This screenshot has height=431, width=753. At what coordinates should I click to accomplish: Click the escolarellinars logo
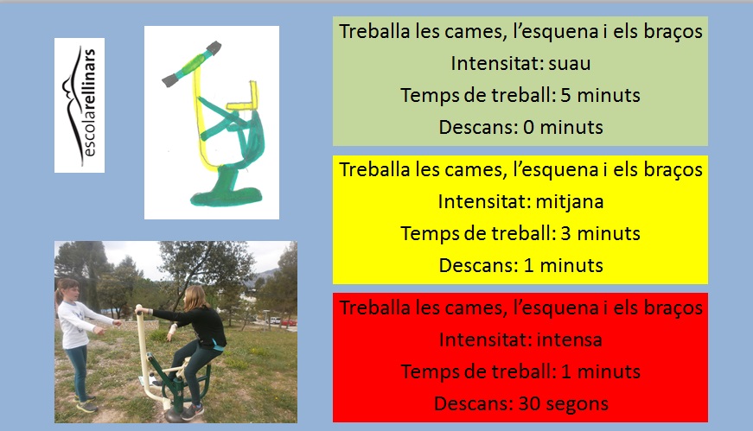(80, 105)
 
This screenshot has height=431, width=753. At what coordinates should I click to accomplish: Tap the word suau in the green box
(570, 63)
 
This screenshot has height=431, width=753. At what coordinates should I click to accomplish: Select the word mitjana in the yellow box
(570, 202)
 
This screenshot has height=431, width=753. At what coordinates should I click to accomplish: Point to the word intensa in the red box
(570, 339)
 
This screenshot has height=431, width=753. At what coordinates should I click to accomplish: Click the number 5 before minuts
(565, 95)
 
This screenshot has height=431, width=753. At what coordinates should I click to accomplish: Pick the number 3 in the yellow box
(565, 233)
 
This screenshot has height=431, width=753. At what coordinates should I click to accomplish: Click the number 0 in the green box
(529, 127)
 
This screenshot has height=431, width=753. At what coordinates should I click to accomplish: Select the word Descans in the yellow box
(477, 265)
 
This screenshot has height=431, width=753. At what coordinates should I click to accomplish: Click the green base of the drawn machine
(226, 196)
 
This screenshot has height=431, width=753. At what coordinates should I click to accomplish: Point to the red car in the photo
(289, 322)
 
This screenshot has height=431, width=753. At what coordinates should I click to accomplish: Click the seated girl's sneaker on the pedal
(193, 412)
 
